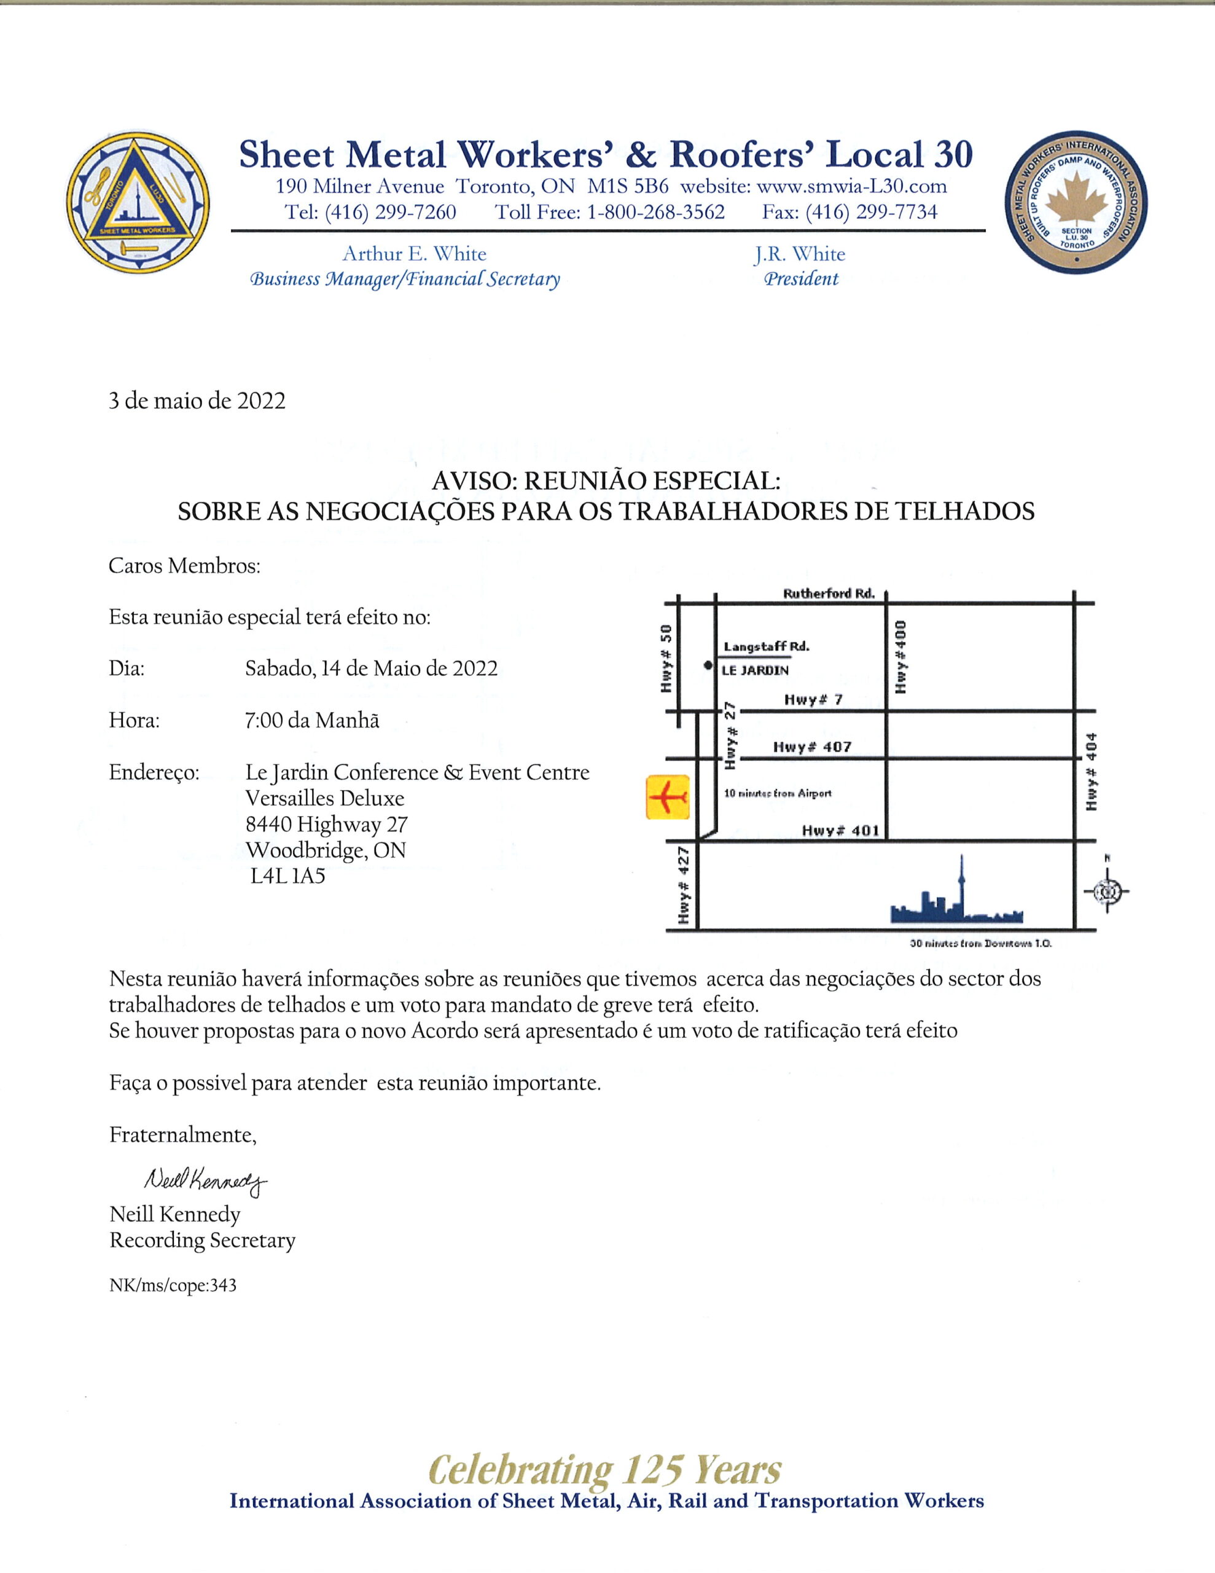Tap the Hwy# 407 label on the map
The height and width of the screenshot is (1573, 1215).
(811, 747)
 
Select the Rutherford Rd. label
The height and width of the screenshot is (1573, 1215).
(828, 594)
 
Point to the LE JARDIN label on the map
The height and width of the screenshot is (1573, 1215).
(756, 670)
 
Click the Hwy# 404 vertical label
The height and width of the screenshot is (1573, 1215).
(1092, 771)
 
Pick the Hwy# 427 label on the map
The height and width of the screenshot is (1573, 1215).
(684, 885)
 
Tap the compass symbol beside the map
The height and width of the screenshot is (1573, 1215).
(1106, 892)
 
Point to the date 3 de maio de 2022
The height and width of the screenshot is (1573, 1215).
(197, 401)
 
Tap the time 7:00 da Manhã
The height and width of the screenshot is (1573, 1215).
(312, 720)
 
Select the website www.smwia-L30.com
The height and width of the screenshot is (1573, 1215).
(851, 187)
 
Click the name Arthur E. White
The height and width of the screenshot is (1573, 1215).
(414, 254)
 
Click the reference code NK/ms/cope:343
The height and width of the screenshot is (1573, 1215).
(173, 1285)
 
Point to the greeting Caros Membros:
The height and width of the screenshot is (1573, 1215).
(184, 566)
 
